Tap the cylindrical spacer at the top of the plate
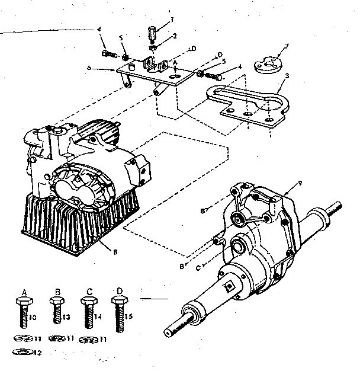(153, 30)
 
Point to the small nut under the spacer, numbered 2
(153, 46)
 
